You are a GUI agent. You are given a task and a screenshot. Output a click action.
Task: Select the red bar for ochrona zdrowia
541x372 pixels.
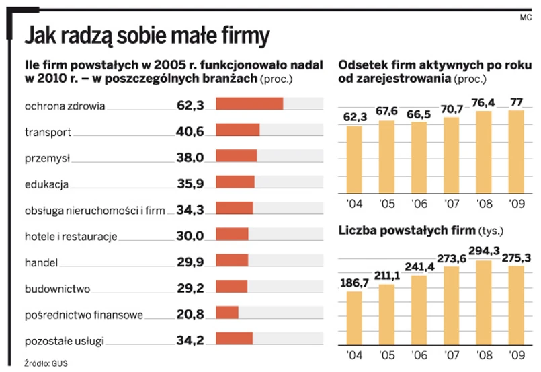(x=249, y=104)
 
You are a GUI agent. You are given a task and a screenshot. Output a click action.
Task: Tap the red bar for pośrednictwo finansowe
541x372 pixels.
(x=227, y=313)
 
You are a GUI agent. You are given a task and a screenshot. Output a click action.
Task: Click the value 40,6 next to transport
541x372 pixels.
(x=190, y=131)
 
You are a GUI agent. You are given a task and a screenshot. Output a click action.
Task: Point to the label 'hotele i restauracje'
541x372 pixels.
(x=71, y=236)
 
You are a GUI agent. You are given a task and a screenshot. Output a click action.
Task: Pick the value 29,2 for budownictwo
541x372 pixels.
(x=190, y=288)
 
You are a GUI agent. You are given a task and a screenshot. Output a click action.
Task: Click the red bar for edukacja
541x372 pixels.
(x=235, y=182)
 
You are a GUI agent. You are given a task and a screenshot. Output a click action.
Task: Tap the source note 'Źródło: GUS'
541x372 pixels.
(x=46, y=363)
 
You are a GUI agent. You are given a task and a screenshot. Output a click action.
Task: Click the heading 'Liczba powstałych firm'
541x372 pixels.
(x=406, y=231)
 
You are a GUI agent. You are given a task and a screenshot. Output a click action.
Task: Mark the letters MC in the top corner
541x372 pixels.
(x=526, y=17)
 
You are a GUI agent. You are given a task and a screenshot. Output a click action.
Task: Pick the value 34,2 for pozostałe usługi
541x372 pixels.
(x=190, y=340)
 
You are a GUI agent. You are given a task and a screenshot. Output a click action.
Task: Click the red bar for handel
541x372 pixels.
(x=232, y=260)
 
